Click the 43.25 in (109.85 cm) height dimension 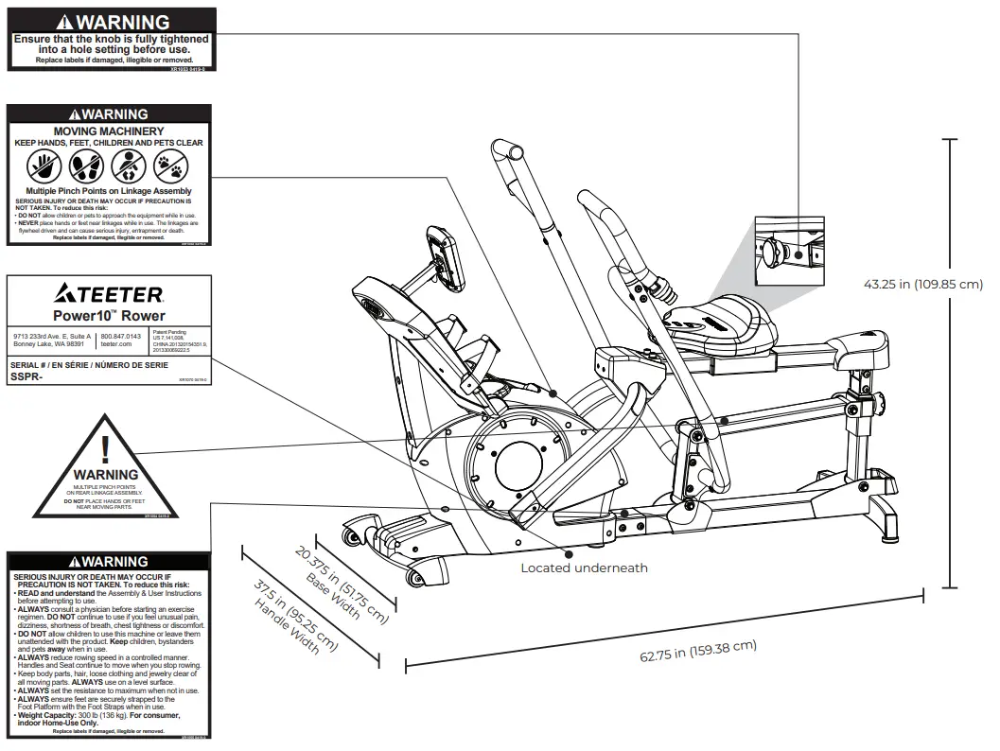pos(922,284)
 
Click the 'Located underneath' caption pos(584,568)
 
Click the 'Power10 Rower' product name pos(110,315)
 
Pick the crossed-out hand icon pos(44,168)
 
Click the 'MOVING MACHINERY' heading pos(109,131)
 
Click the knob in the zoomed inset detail pos(779,251)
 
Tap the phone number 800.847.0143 pos(120,337)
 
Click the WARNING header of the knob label pos(112,21)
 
